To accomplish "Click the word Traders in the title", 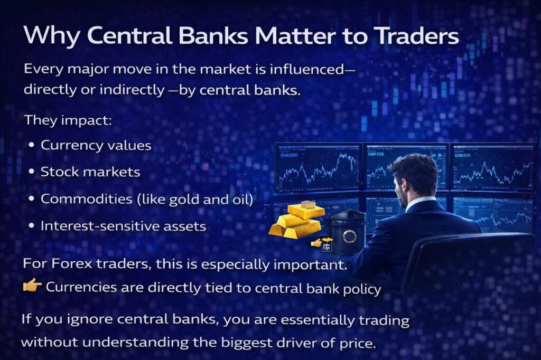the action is (x=417, y=36).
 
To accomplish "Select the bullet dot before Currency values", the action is (x=32, y=145).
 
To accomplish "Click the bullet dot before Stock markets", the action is (x=32, y=172).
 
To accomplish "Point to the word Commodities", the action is (x=87, y=199).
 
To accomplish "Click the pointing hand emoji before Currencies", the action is (x=32, y=286).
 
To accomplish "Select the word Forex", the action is (x=72, y=264).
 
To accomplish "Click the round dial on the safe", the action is (x=349, y=236).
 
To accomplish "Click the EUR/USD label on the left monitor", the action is (x=289, y=155).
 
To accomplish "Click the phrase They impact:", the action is (x=68, y=121).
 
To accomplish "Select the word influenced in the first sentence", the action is (x=307, y=69).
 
